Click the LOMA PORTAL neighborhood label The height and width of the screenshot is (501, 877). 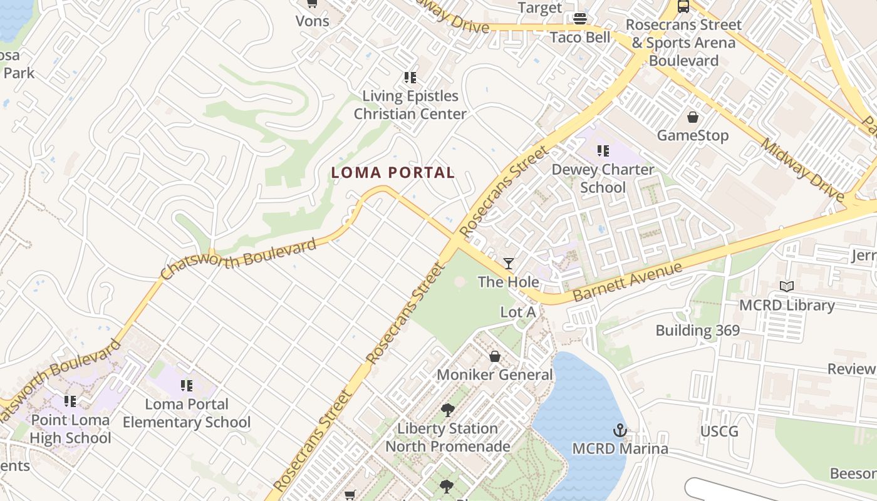click(393, 173)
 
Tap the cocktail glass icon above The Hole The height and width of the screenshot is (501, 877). click(509, 264)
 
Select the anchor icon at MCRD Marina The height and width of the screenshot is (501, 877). click(620, 430)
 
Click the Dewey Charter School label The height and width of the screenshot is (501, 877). click(603, 178)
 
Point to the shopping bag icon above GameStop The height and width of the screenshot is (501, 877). click(693, 117)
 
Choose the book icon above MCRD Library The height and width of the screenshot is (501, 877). click(787, 286)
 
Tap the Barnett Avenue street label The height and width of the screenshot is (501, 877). click(627, 282)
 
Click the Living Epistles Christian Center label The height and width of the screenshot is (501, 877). click(410, 105)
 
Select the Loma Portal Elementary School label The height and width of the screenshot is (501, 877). click(187, 413)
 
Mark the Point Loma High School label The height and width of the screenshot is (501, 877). click(70, 429)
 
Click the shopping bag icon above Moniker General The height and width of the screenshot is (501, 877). click(495, 356)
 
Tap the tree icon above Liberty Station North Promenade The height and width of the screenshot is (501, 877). click(447, 411)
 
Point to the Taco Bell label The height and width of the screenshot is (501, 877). click(580, 37)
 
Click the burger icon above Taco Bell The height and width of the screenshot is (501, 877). click(580, 18)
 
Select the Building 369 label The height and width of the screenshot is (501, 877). click(698, 330)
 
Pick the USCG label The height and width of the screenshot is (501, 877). click(719, 431)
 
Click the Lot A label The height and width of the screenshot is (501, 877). click(518, 312)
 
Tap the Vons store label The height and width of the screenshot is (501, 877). click(312, 21)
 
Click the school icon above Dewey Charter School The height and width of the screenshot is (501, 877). click(603, 151)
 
